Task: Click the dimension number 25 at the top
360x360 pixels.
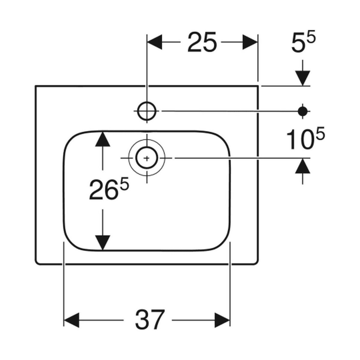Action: (202, 42)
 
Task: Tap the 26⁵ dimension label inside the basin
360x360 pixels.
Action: (109, 189)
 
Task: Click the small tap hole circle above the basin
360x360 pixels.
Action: (147, 111)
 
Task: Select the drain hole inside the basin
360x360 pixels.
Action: (147, 158)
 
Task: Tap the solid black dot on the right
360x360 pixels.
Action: (303, 111)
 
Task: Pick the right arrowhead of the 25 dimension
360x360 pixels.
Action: (250, 42)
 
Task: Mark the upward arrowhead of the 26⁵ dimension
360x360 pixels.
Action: (102, 139)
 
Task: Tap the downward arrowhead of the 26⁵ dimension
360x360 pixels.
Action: (102, 243)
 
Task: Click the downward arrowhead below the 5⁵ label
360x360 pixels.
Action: (303, 78)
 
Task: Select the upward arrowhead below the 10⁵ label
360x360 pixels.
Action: (303, 166)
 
